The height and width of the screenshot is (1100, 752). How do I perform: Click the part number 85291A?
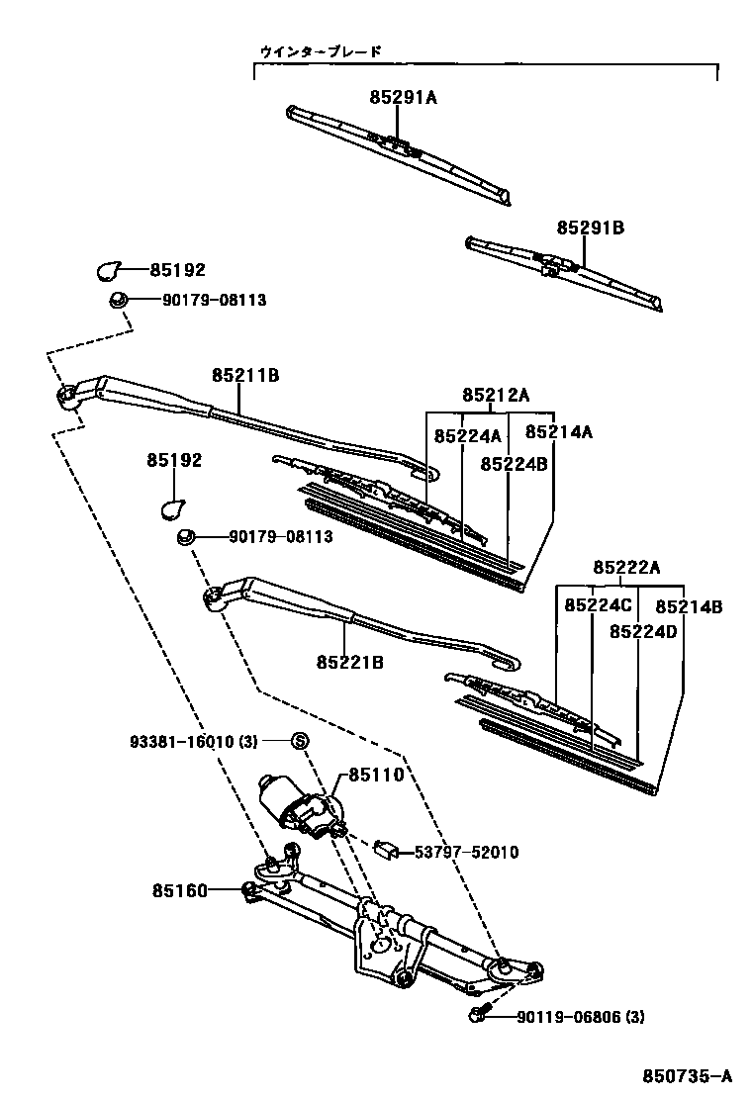[x=403, y=97]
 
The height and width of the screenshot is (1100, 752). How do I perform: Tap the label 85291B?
[x=590, y=229]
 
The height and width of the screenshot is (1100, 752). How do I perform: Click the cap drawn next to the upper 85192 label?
[x=108, y=269]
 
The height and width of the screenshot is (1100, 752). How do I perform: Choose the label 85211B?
[x=245, y=375]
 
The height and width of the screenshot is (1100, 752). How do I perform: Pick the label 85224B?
[x=514, y=463]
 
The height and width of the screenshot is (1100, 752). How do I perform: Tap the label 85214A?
[x=558, y=432]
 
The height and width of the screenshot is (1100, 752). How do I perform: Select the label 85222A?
[x=626, y=567]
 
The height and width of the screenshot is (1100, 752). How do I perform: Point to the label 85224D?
[x=643, y=631]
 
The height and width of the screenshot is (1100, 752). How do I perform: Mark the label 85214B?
[x=689, y=606]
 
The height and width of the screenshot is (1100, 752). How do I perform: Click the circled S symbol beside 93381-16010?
[x=301, y=741]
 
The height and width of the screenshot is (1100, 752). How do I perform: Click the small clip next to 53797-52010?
[x=390, y=850]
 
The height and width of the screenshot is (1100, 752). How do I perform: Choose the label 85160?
[x=179, y=891]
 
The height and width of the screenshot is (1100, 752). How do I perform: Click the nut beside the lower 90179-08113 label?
[x=184, y=537]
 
